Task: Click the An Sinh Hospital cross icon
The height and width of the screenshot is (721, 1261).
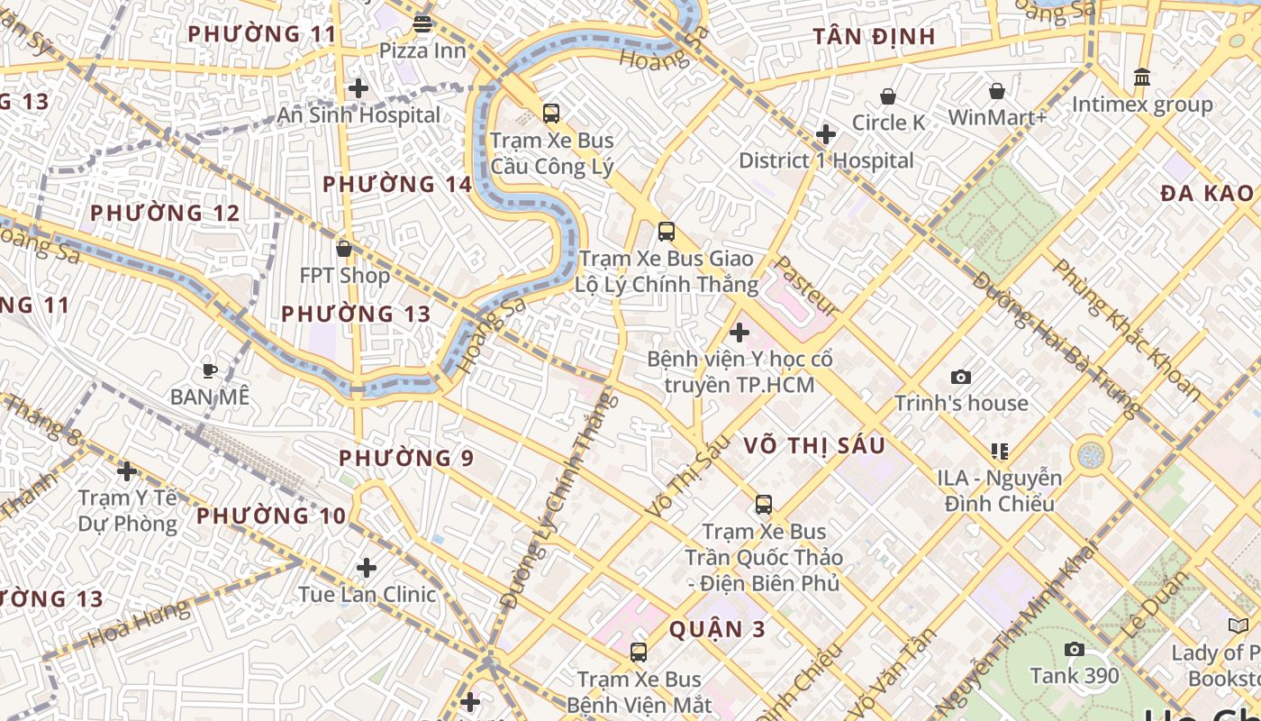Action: pyautogui.click(x=358, y=88)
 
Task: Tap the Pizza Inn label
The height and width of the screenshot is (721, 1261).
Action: pyautogui.click(x=422, y=50)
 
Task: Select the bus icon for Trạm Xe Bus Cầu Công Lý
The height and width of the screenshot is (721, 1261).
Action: pyautogui.click(x=551, y=114)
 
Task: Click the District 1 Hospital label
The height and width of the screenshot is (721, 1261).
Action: pyautogui.click(x=826, y=160)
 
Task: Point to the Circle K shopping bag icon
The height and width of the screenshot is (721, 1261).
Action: pyautogui.click(x=888, y=96)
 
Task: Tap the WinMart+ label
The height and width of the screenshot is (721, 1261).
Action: pyautogui.click(x=997, y=118)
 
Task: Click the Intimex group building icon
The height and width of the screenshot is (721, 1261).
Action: pyautogui.click(x=1142, y=78)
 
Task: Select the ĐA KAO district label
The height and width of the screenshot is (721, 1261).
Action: pyautogui.click(x=1206, y=193)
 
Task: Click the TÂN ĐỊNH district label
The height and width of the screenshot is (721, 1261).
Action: pyautogui.click(x=874, y=37)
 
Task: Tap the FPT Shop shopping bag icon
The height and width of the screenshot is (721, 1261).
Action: pyautogui.click(x=343, y=249)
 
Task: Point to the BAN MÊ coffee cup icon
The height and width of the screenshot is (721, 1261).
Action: pyautogui.click(x=209, y=370)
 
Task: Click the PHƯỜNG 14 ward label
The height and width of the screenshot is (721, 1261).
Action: pyautogui.click(x=397, y=185)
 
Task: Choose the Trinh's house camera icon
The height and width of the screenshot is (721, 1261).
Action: pyautogui.click(x=961, y=377)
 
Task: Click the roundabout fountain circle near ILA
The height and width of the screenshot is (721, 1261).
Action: pyautogui.click(x=1090, y=455)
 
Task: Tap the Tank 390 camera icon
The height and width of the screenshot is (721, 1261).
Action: pyautogui.click(x=1074, y=649)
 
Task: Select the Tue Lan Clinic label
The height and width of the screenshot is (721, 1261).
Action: pyautogui.click(x=367, y=594)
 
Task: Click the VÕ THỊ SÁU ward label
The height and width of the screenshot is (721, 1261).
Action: pyautogui.click(x=814, y=445)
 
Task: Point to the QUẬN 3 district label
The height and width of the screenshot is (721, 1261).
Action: pyautogui.click(x=717, y=629)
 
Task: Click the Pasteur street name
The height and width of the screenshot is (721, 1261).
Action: pyautogui.click(x=806, y=285)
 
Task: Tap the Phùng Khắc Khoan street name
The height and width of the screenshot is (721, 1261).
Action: pyautogui.click(x=1125, y=330)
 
